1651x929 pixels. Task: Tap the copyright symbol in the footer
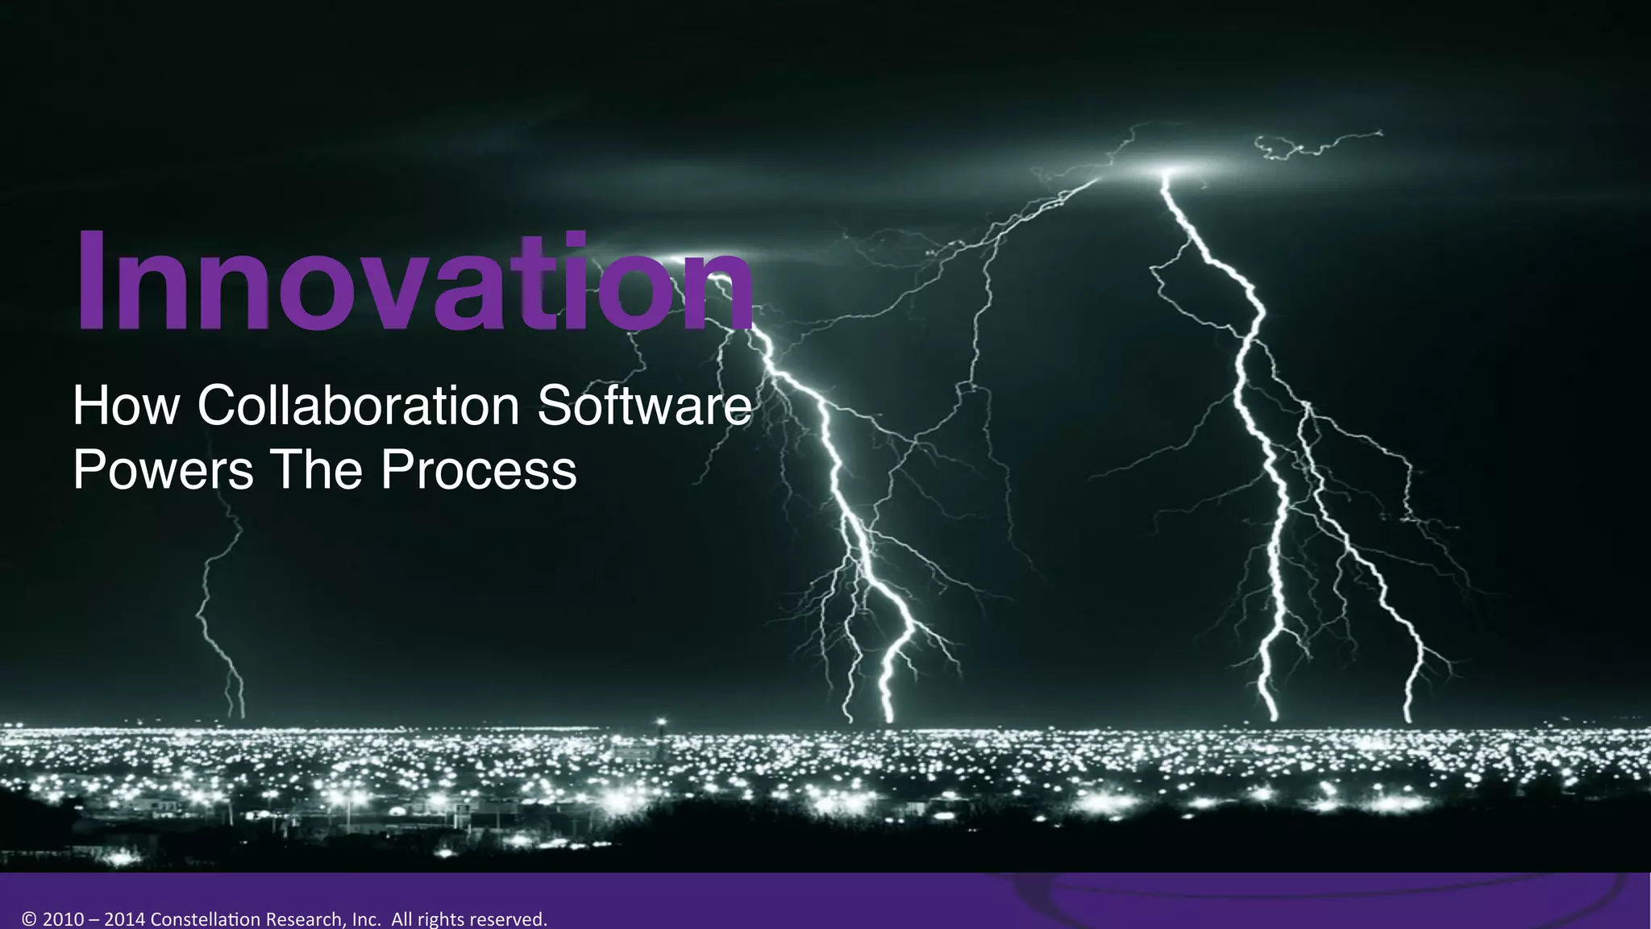(x=30, y=919)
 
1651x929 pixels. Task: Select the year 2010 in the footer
(x=62, y=919)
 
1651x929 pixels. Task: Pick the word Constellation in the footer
(x=205, y=919)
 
